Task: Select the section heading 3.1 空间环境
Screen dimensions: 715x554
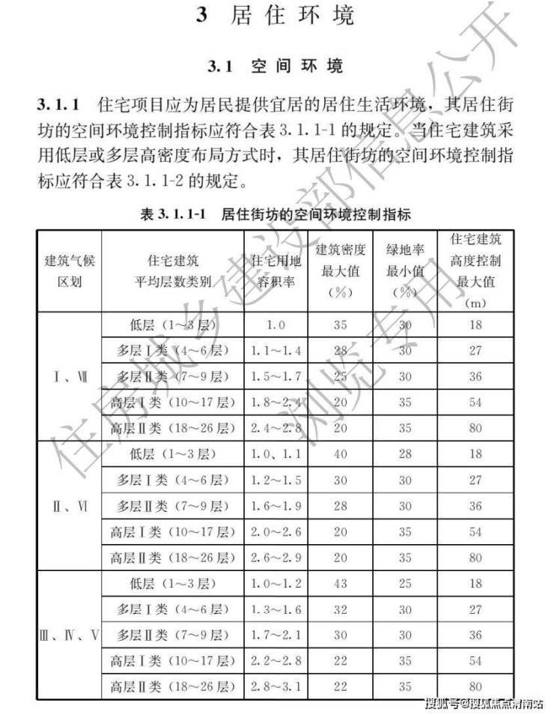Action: (276, 66)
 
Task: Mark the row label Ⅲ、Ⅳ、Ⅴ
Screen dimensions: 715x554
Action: (69, 636)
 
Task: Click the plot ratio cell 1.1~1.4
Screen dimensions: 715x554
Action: (275, 350)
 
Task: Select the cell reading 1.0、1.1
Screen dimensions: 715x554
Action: (275, 454)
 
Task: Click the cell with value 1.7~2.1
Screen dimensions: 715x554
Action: (275, 636)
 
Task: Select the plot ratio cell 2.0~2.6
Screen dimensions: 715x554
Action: (275, 532)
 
